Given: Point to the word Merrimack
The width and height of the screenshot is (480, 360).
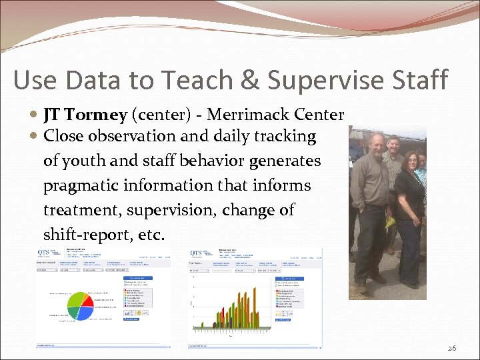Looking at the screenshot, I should tap(260, 115).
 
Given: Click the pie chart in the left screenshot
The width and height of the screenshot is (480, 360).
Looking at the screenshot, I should tap(80, 306).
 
